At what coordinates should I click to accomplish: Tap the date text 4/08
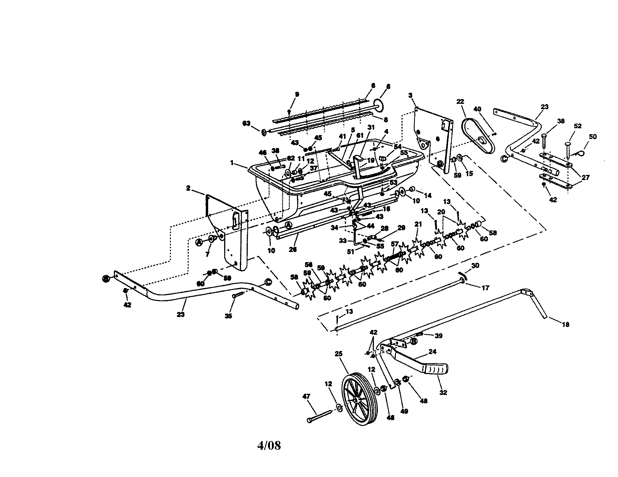[269, 445]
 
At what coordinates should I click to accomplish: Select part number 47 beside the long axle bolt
[306, 396]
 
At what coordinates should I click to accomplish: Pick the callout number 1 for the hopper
[232, 163]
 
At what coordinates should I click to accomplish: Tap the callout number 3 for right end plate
[411, 95]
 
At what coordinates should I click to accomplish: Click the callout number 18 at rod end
[565, 325]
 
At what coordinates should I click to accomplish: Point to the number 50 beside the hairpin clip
[593, 136]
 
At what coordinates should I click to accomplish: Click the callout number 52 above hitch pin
[578, 126]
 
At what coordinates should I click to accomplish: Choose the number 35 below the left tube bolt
[228, 316]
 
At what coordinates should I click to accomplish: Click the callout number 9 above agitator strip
[297, 94]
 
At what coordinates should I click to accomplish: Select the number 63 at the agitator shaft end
[246, 123]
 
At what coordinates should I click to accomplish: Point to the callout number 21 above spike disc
[418, 224]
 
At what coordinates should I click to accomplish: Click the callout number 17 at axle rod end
[485, 288]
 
